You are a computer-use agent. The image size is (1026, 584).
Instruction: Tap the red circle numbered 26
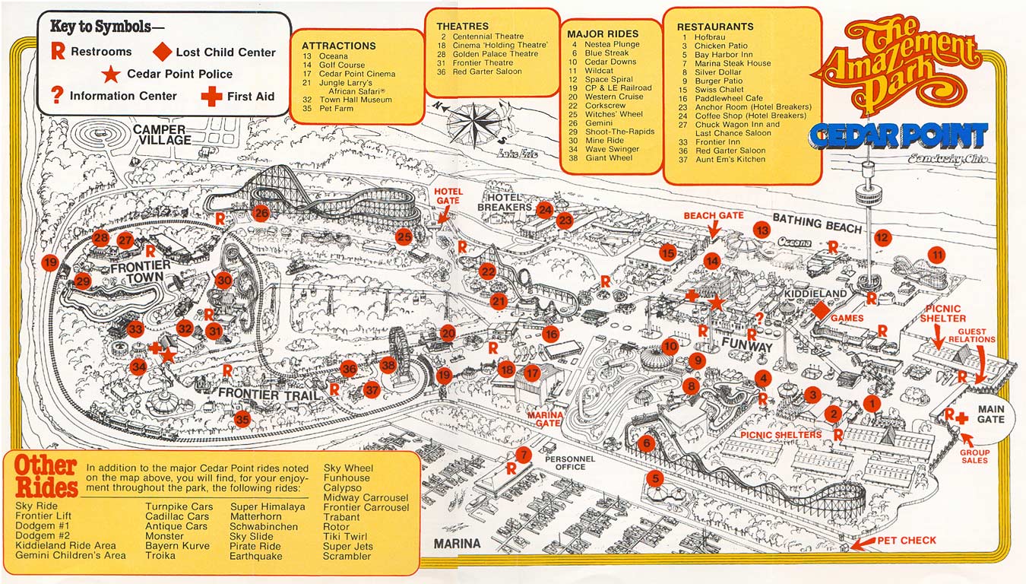coord(261,213)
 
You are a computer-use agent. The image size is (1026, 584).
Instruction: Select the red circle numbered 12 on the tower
coord(882,237)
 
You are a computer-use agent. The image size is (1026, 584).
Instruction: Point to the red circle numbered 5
coord(654,479)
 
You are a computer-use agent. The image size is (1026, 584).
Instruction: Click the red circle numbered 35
coord(242,418)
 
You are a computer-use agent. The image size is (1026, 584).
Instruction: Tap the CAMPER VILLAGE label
coord(163,135)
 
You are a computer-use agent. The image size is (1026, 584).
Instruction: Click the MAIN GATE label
coord(990,414)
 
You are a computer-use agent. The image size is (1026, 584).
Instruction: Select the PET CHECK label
coord(907,541)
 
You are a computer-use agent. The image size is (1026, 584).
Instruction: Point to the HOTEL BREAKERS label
coord(505,202)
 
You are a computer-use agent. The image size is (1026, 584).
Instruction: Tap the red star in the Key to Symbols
coord(112,74)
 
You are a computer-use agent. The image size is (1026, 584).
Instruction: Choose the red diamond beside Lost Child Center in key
coord(163,52)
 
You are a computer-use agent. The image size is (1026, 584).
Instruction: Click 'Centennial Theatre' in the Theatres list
coord(488,36)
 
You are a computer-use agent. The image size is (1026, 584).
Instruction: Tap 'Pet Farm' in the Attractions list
coord(337,109)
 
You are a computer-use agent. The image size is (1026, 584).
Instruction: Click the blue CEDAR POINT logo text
coord(899,137)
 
